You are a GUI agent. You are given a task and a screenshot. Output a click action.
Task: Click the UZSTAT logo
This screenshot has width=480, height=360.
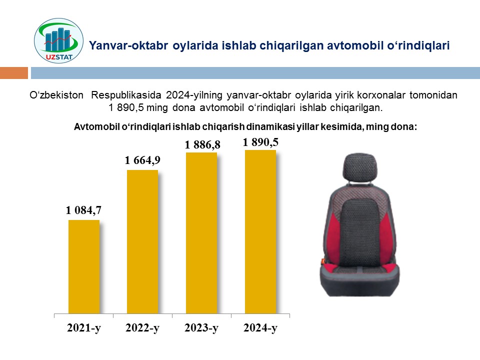coord(58,40)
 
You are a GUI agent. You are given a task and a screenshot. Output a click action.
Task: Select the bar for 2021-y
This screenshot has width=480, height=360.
coord(84,266)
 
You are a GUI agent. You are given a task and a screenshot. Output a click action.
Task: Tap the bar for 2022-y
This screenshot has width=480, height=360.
coord(142,241)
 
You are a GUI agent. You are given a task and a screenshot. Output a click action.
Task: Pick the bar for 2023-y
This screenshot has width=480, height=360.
coord(201,233)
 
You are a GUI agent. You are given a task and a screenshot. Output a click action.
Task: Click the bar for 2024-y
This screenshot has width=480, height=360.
coord(260,231)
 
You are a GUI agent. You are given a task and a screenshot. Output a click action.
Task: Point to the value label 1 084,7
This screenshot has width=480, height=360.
coord(83,210)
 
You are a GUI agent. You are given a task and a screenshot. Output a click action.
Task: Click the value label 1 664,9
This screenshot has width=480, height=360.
coord(142,160)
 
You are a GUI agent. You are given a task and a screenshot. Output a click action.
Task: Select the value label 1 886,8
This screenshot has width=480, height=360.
coord(202,145)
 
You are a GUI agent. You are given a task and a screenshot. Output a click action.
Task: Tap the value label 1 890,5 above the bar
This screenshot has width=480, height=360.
coord(260,142)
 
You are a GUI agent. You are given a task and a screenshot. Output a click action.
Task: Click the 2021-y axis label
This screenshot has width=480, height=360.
coord(84,328)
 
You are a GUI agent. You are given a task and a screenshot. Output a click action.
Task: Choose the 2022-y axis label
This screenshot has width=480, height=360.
coord(142,328)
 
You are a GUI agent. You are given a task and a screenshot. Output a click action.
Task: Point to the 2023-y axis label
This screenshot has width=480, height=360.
coord(201,328)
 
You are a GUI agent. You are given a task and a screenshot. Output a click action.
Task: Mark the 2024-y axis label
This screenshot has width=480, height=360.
coord(260,328)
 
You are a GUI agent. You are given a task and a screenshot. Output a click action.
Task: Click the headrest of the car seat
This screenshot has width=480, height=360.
coord(359,167)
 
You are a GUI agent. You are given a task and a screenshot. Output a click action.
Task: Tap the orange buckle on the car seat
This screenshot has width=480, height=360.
coord(322,261)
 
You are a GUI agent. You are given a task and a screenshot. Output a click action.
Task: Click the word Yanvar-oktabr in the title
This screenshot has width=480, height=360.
coord(128,45)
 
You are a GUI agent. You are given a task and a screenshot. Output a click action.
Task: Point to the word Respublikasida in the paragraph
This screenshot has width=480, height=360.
coord(126,95)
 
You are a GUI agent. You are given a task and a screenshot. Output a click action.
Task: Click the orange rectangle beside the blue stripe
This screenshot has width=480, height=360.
coord(14,73)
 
